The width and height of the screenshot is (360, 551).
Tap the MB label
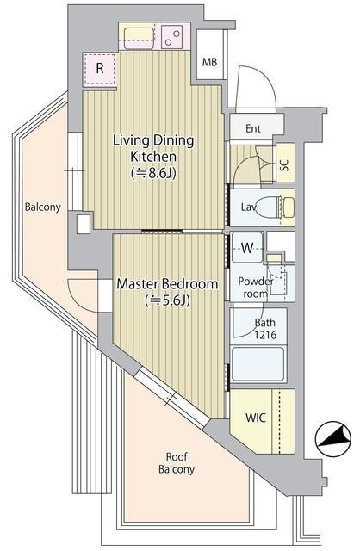[209, 62]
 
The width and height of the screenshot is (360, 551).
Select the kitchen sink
[139, 36]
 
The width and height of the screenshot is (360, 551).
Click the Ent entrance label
[253, 129]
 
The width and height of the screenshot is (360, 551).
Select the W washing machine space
[246, 248]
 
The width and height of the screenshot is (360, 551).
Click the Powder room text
[255, 287]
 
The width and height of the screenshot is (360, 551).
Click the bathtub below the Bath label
[263, 366]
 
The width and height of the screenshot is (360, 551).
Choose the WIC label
[256, 418]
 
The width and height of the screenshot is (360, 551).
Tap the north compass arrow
[331, 441]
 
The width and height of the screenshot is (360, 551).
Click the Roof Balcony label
[176, 463]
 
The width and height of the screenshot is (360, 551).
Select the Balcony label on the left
[42, 207]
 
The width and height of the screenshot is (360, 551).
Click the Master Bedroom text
[167, 283]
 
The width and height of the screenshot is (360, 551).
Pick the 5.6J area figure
[167, 300]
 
